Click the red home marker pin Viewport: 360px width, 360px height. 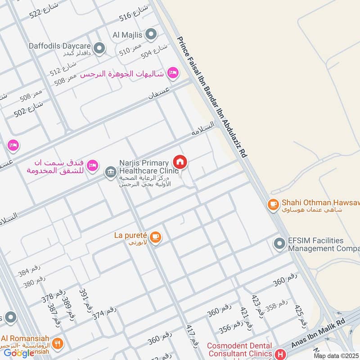(x=180, y=162)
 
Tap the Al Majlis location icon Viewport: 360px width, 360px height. (x=152, y=34)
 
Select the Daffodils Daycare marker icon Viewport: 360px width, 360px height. (x=99, y=47)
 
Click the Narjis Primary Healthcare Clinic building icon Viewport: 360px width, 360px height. (x=110, y=171)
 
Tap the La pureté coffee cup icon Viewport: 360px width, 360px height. (x=155, y=237)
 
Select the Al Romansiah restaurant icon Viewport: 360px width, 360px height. (x=57, y=344)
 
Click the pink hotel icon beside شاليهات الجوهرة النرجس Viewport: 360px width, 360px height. (x=172, y=72)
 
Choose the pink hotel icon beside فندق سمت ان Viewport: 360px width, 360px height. (x=93, y=166)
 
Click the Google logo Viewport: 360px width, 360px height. (x=19, y=353)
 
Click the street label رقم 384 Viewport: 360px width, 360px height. (x=30, y=272)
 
